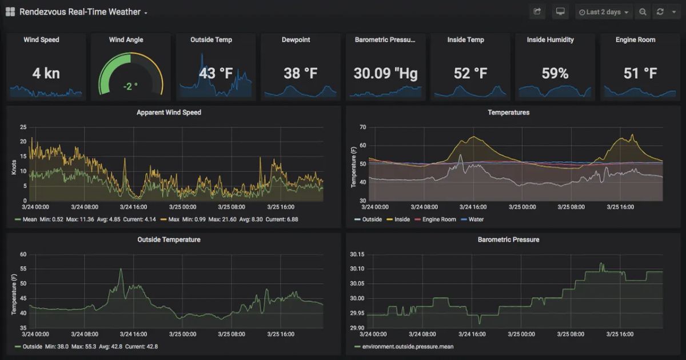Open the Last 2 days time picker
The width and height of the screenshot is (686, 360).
pos(604,12)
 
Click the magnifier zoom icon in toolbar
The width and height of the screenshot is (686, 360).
pos(643,12)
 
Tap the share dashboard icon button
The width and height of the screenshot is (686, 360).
pos(537,12)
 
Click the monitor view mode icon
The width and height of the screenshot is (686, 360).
pos(560,12)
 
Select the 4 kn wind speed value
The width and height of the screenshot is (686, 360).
pos(46,73)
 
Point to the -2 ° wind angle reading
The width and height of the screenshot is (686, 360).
pos(131,86)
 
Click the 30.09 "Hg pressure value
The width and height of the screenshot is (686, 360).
pos(385,73)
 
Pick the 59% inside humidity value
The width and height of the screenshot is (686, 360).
pos(555,73)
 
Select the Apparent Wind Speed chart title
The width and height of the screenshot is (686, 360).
pos(169,113)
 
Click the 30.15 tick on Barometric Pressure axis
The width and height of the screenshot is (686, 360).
pos(357,254)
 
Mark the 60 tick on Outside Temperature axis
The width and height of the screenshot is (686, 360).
pos(23,254)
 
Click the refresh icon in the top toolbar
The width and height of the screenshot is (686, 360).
pos(660,12)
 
